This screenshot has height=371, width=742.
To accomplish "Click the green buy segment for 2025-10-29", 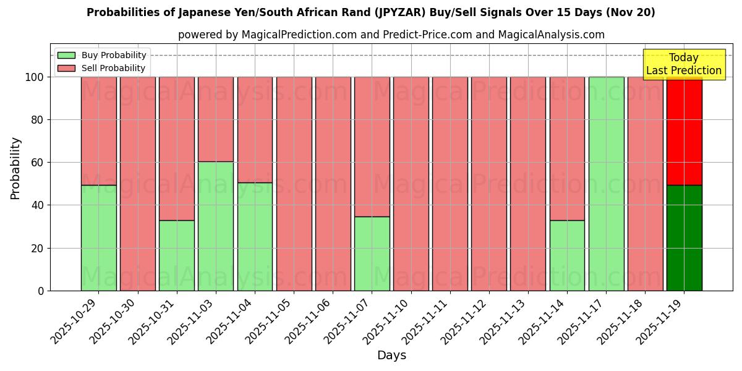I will (x=98, y=238).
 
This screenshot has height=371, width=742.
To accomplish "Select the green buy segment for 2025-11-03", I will (x=216, y=226).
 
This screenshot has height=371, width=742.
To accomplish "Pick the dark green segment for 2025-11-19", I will (x=684, y=238).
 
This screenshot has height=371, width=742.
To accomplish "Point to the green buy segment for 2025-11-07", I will (x=372, y=254).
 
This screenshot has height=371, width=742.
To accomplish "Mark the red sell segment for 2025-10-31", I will (x=177, y=148).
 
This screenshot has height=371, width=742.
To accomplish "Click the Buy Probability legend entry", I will (x=102, y=55).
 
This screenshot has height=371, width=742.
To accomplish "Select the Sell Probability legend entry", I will (x=102, y=68).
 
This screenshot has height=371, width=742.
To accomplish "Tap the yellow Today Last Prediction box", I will (x=683, y=64).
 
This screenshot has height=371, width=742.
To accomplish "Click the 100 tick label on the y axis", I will (x=34, y=77).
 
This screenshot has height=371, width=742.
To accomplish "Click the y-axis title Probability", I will (x=15, y=168).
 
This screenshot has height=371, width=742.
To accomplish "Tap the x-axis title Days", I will (x=391, y=356).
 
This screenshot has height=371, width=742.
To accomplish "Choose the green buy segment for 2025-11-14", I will (x=567, y=255).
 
